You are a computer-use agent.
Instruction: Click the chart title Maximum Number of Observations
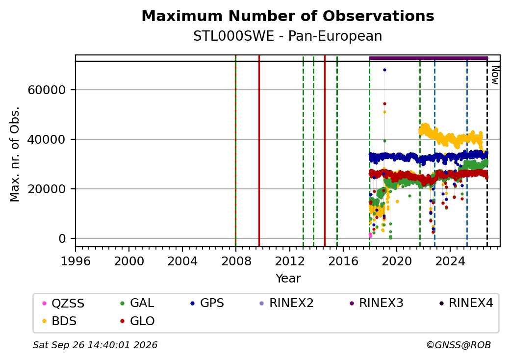click(x=288, y=16)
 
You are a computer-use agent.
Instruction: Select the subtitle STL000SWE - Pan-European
click(x=288, y=36)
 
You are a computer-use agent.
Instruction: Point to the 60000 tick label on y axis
click(x=47, y=90)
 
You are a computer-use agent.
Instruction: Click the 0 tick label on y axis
click(x=62, y=239)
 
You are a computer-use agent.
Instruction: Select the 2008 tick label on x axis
click(x=236, y=261)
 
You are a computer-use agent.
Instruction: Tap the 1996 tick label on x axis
click(x=76, y=261)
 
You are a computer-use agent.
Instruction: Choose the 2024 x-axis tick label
click(x=450, y=261)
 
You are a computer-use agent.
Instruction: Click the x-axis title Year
click(x=288, y=279)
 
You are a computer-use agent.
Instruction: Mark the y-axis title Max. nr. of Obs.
click(x=15, y=154)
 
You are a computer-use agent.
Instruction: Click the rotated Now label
click(x=495, y=75)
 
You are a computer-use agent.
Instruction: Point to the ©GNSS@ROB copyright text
click(x=459, y=345)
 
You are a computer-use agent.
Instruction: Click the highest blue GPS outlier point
click(x=384, y=70)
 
